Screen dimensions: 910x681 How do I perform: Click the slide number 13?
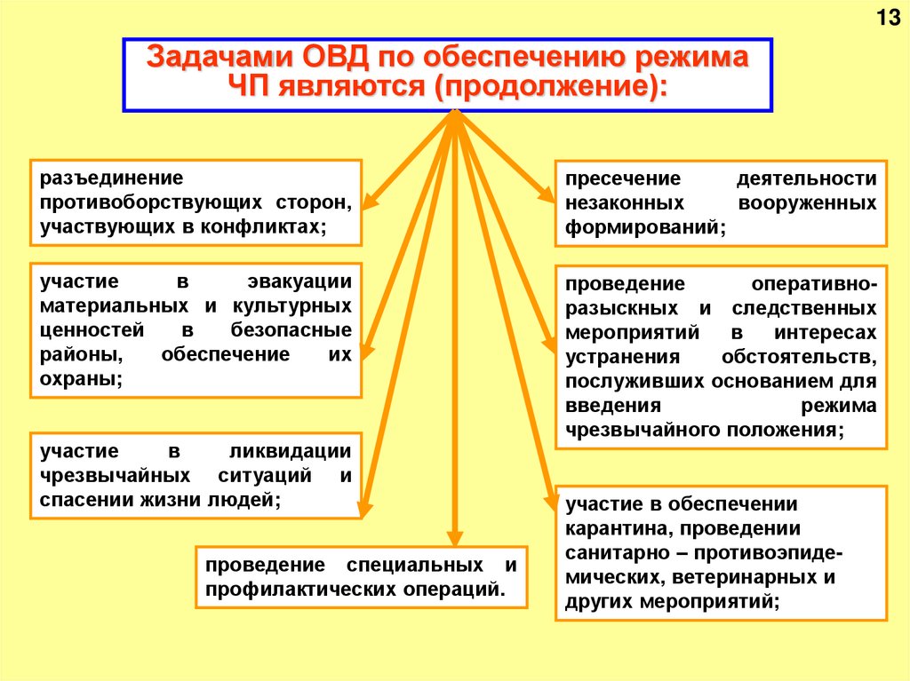pyautogui.click(x=888, y=19)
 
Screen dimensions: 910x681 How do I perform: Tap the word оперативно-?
pyautogui.click(x=814, y=283)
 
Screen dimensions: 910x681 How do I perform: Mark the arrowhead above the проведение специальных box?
pyautogui.click(x=455, y=537)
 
